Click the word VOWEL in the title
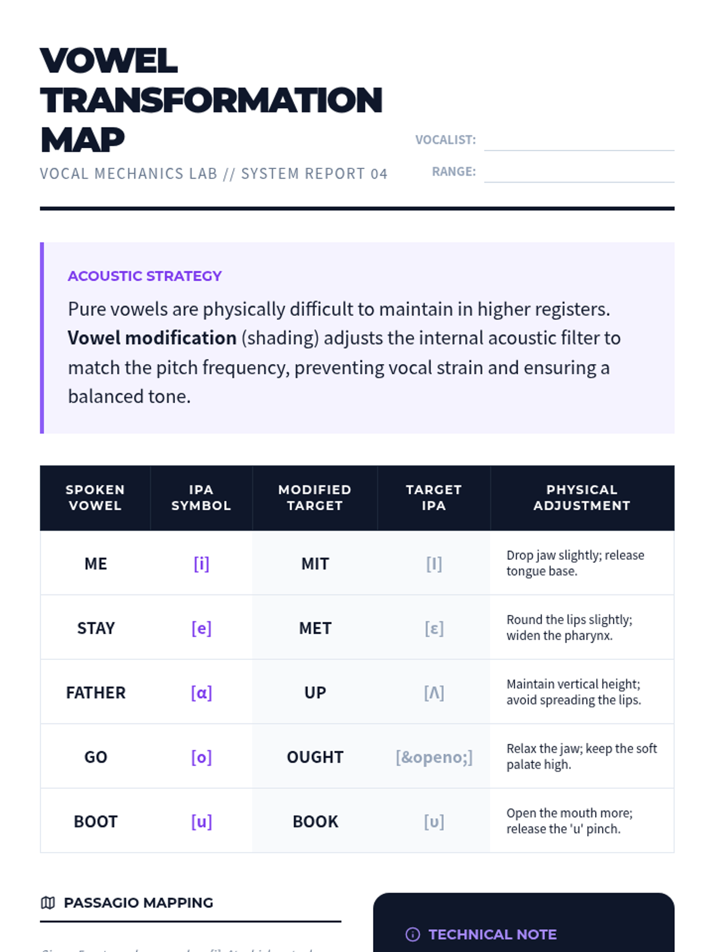click(x=109, y=61)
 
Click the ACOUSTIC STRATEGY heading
click(x=145, y=276)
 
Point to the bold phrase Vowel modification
click(x=152, y=338)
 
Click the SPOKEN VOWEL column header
click(x=95, y=497)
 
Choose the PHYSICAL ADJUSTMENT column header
click(x=581, y=497)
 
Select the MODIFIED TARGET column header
click(x=315, y=497)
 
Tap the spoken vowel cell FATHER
click(x=96, y=693)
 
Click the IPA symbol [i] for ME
click(x=201, y=563)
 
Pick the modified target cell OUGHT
click(x=315, y=757)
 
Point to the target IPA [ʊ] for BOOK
click(x=434, y=822)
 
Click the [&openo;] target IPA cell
click(x=434, y=757)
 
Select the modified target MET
click(x=315, y=628)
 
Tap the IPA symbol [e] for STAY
click(x=201, y=628)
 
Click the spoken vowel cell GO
click(x=96, y=757)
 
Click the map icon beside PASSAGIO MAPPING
click(x=48, y=903)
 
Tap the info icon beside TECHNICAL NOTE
click(x=412, y=935)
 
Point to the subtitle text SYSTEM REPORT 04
click(x=314, y=174)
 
